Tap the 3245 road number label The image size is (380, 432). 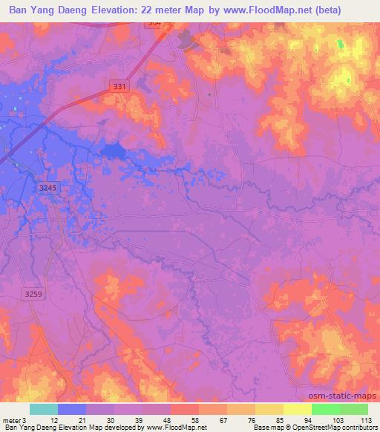[x=47, y=189]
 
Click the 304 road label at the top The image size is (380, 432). [x=154, y=23]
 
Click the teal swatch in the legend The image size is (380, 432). [x=44, y=409]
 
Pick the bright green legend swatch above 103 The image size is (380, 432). [x=325, y=409]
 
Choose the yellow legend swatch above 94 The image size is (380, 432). [x=298, y=409]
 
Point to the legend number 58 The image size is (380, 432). [x=185, y=419]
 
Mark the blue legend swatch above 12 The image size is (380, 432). [x=71, y=409]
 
